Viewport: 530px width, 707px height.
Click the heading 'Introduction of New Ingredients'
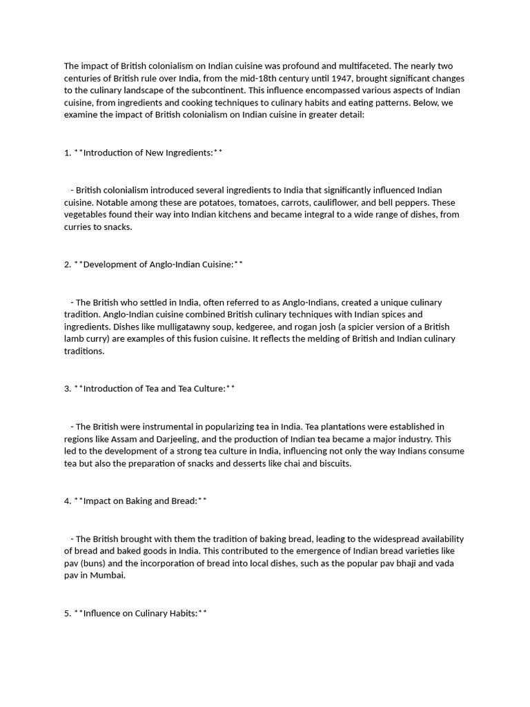click(148, 153)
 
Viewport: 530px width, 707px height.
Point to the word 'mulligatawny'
click(165, 327)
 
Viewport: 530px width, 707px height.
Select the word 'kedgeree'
click(239, 327)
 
